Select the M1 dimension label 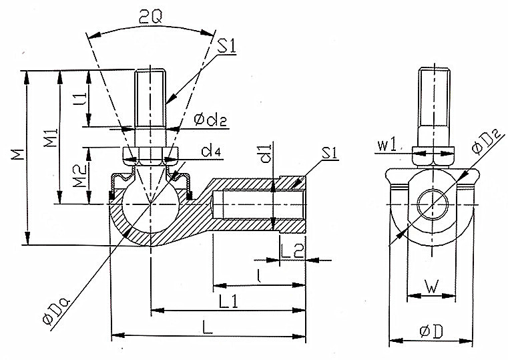click(51, 138)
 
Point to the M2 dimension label click(79, 176)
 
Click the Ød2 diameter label click(210, 120)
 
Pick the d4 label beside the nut click(211, 151)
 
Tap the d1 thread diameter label click(265, 154)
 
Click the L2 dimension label click(292, 251)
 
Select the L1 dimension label click(228, 302)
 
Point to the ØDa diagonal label click(57, 310)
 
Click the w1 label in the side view click(387, 146)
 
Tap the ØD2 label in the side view click(487, 141)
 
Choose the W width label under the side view click(432, 287)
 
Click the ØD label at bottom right click(431, 331)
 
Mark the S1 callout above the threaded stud click(226, 46)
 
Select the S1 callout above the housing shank click(330, 153)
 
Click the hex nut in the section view click(151, 157)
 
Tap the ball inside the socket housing click(150, 204)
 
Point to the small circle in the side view click(433, 205)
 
